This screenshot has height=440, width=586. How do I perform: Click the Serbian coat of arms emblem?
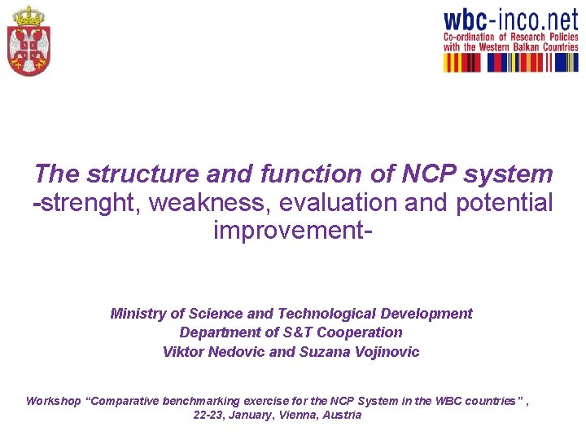click(28, 41)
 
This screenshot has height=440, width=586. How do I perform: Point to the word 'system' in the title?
click(517, 174)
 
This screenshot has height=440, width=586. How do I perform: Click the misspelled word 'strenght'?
click(90, 203)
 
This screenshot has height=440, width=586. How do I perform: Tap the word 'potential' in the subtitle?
click(504, 203)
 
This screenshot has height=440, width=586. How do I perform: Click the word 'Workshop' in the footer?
click(53, 401)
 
